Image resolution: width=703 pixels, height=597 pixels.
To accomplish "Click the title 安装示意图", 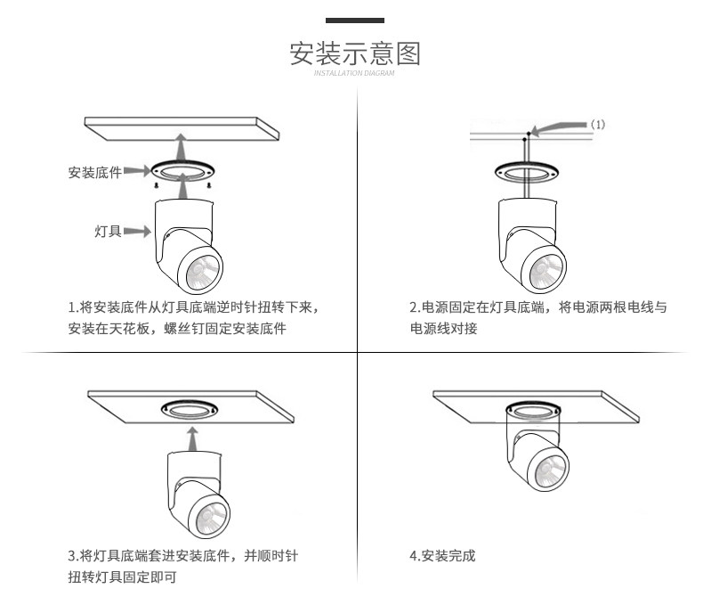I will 354,53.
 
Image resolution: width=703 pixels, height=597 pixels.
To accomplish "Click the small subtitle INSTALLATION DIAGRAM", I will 354,73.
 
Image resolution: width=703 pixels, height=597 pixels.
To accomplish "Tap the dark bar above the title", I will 354,20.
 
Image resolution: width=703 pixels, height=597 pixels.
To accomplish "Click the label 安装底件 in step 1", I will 94,172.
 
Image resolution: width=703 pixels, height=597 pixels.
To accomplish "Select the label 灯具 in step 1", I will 108,232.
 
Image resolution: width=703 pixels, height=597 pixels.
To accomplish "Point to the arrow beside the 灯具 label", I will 135,232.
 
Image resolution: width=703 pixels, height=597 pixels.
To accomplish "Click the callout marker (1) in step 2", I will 598,125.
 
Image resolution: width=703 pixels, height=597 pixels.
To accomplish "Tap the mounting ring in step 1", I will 182,170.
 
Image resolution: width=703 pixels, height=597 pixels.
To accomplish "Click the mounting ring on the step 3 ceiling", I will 190,410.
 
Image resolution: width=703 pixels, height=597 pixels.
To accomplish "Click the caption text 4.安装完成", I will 442,556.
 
